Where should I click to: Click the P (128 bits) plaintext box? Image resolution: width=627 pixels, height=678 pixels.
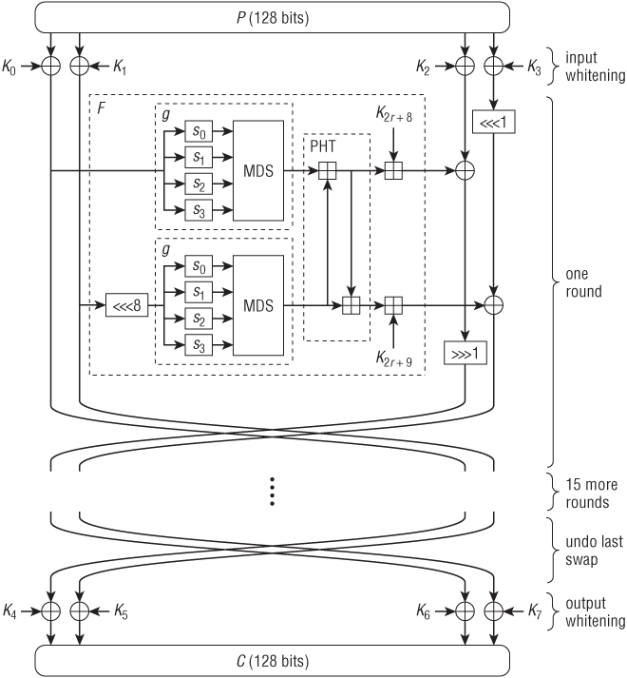(x=272, y=17)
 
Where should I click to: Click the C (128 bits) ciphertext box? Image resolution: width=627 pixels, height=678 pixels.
(x=272, y=661)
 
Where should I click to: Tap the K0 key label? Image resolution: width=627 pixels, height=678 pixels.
(x=9, y=67)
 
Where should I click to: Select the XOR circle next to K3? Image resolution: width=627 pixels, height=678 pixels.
(x=493, y=67)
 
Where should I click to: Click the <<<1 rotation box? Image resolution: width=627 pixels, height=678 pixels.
(x=493, y=122)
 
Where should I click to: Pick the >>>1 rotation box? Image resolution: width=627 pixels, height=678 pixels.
(x=465, y=354)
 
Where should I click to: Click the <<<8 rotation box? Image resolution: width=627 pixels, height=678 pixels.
(x=126, y=305)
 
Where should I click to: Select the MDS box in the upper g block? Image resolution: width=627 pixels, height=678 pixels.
(x=258, y=171)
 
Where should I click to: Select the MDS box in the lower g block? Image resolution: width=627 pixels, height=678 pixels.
(x=258, y=305)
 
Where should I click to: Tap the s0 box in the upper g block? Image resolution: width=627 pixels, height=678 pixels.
(x=199, y=131)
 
